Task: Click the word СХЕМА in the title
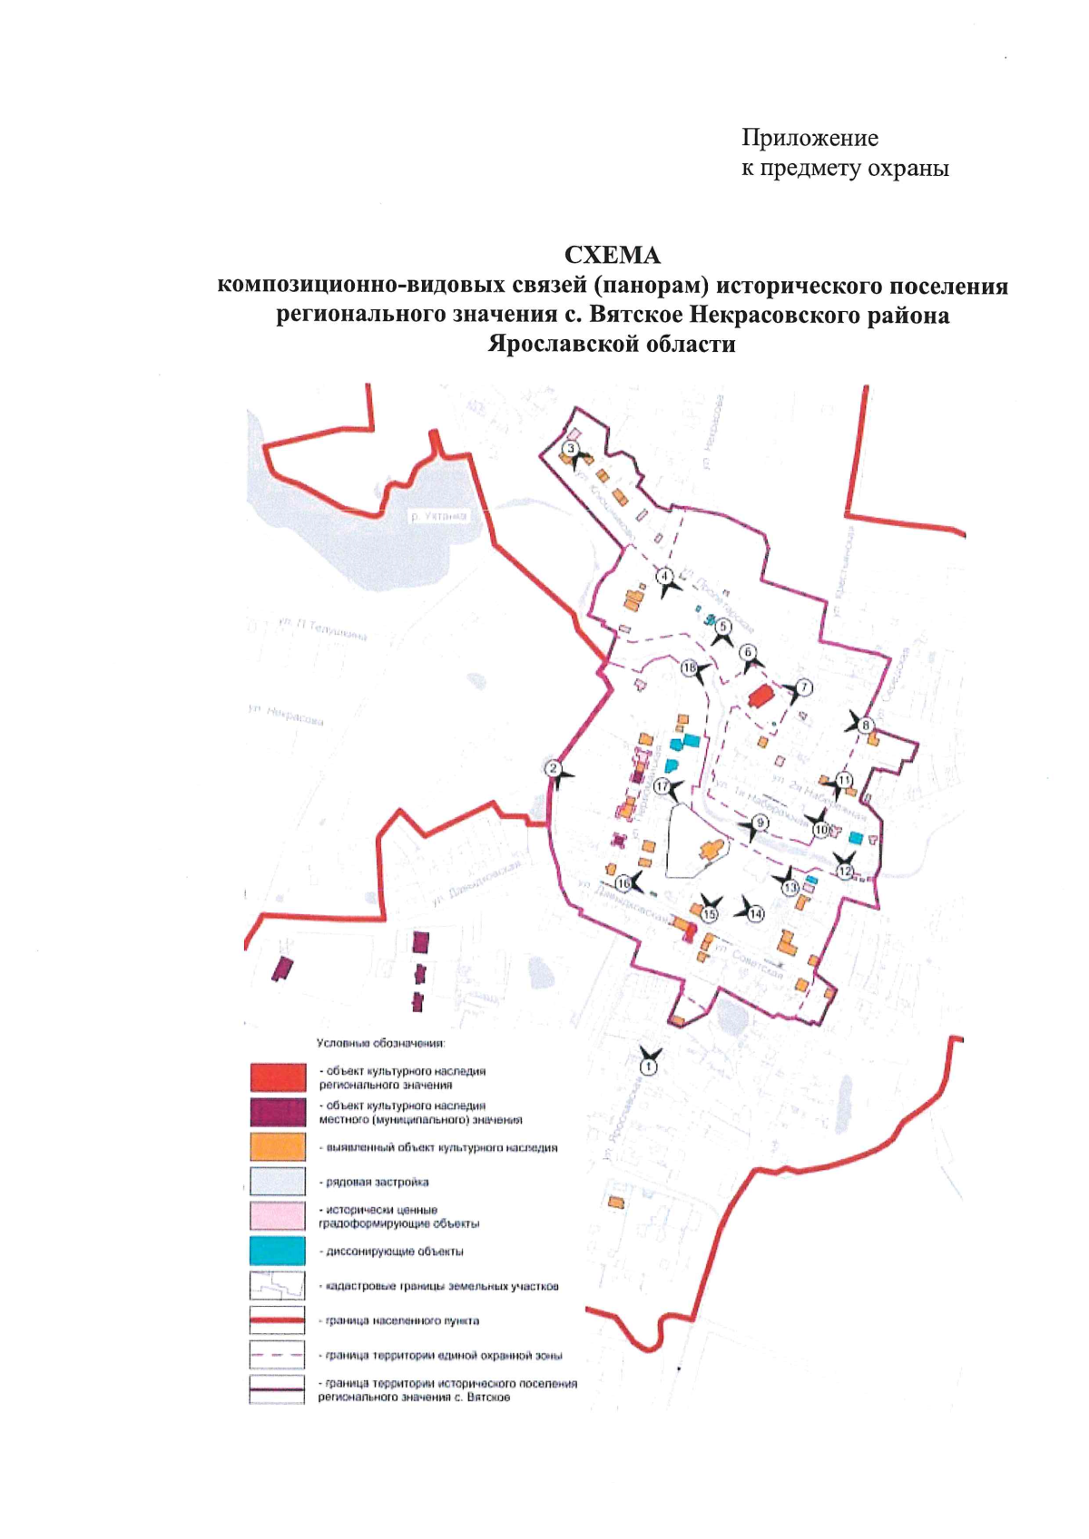click(613, 256)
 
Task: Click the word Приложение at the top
click(809, 138)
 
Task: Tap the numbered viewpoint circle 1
click(648, 1067)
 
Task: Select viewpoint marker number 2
click(553, 768)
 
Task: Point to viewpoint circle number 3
click(571, 449)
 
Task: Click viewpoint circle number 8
click(866, 725)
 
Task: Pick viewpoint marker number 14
click(756, 914)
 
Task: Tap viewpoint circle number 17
click(662, 786)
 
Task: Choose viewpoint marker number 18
click(690, 669)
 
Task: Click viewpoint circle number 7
click(803, 687)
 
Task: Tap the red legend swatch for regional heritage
click(278, 1077)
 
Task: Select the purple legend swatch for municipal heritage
click(278, 1112)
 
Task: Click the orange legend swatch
click(278, 1147)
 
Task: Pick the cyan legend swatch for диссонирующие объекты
click(278, 1251)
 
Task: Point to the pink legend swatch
click(278, 1216)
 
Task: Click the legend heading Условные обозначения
click(380, 1044)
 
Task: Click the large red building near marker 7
click(760, 696)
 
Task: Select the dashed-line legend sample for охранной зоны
click(278, 1355)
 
